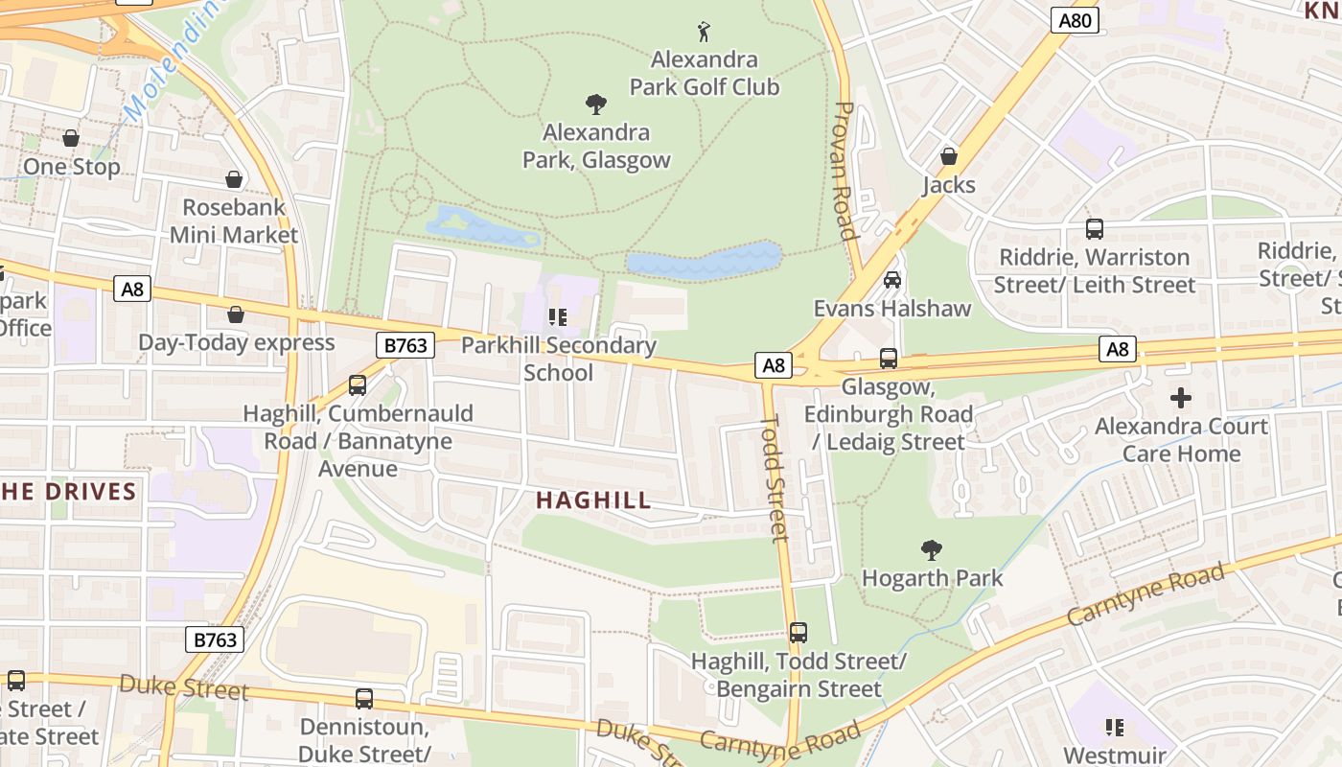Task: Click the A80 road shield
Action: pyautogui.click(x=1074, y=20)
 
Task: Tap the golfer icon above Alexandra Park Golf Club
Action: pyautogui.click(x=705, y=32)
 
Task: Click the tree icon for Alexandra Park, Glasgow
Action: pyautogui.click(x=596, y=104)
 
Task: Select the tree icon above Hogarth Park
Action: pyautogui.click(x=931, y=550)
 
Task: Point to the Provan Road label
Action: pyautogui.click(x=845, y=171)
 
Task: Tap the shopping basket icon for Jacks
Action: pyautogui.click(x=949, y=156)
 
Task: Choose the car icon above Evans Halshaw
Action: pyautogui.click(x=892, y=280)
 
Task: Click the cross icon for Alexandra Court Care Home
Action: pyautogui.click(x=1181, y=397)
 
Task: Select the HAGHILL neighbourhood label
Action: pyautogui.click(x=593, y=500)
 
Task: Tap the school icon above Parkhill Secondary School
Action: pyautogui.click(x=558, y=316)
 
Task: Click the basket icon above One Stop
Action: pyautogui.click(x=71, y=138)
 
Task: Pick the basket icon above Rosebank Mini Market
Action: pyautogui.click(x=234, y=179)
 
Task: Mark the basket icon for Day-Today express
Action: pyautogui.click(x=236, y=314)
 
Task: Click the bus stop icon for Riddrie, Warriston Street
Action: pyautogui.click(x=1094, y=229)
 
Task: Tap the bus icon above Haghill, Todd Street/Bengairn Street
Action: pyautogui.click(x=798, y=633)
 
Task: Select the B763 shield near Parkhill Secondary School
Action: pyautogui.click(x=405, y=345)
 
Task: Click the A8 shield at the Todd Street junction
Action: pyautogui.click(x=774, y=364)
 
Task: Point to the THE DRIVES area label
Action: pyautogui.click(x=69, y=492)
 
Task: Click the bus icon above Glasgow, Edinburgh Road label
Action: pyautogui.click(x=889, y=359)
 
